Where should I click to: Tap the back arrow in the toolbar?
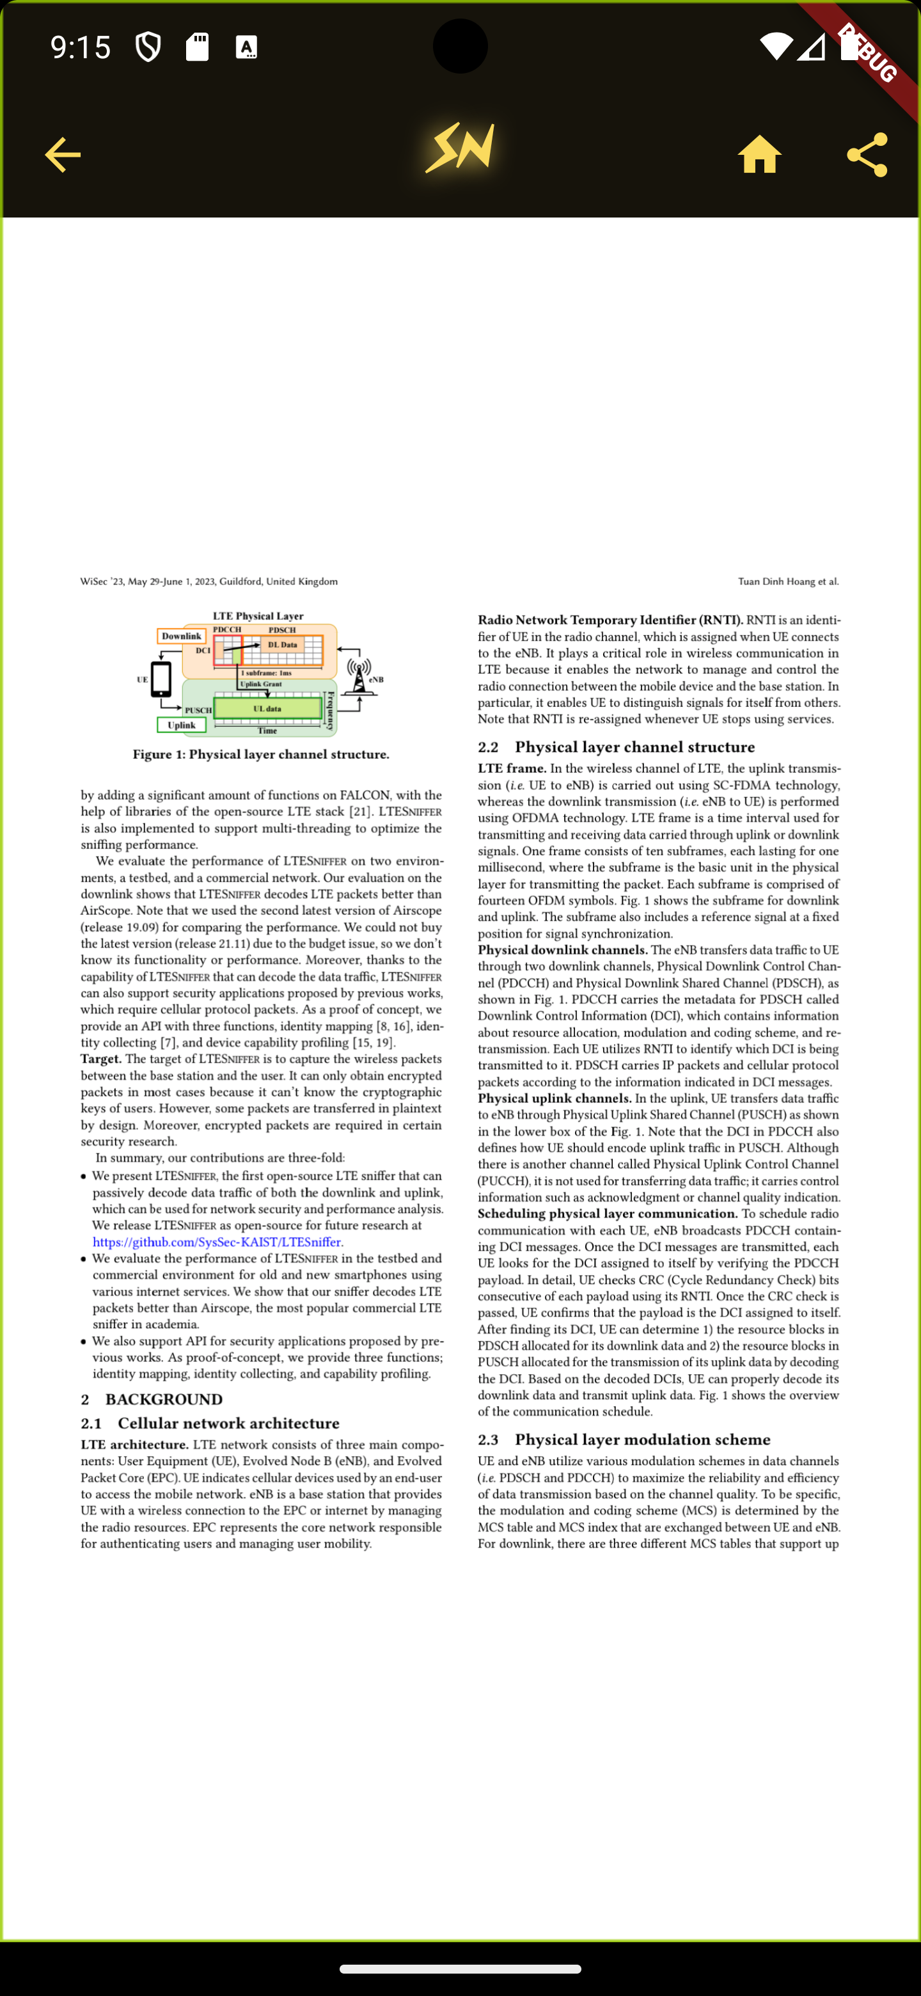pos(63,155)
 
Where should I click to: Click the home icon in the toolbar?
pos(759,154)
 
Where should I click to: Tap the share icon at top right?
pos(867,155)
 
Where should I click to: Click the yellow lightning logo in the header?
pos(460,147)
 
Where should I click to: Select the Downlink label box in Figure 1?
pos(181,636)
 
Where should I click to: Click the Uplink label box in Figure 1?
pos(181,725)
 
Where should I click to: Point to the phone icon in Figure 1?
pos(161,679)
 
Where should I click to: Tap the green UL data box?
pos(267,708)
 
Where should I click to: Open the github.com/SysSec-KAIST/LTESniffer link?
pos(217,1242)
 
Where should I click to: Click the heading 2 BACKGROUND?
pos(152,1399)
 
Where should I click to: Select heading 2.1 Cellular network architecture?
pos(210,1423)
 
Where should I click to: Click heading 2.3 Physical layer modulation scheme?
pos(624,1439)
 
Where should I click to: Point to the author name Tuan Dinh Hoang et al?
pos(788,581)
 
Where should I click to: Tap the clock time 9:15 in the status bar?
pos(81,47)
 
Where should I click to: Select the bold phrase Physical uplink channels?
pos(555,1098)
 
